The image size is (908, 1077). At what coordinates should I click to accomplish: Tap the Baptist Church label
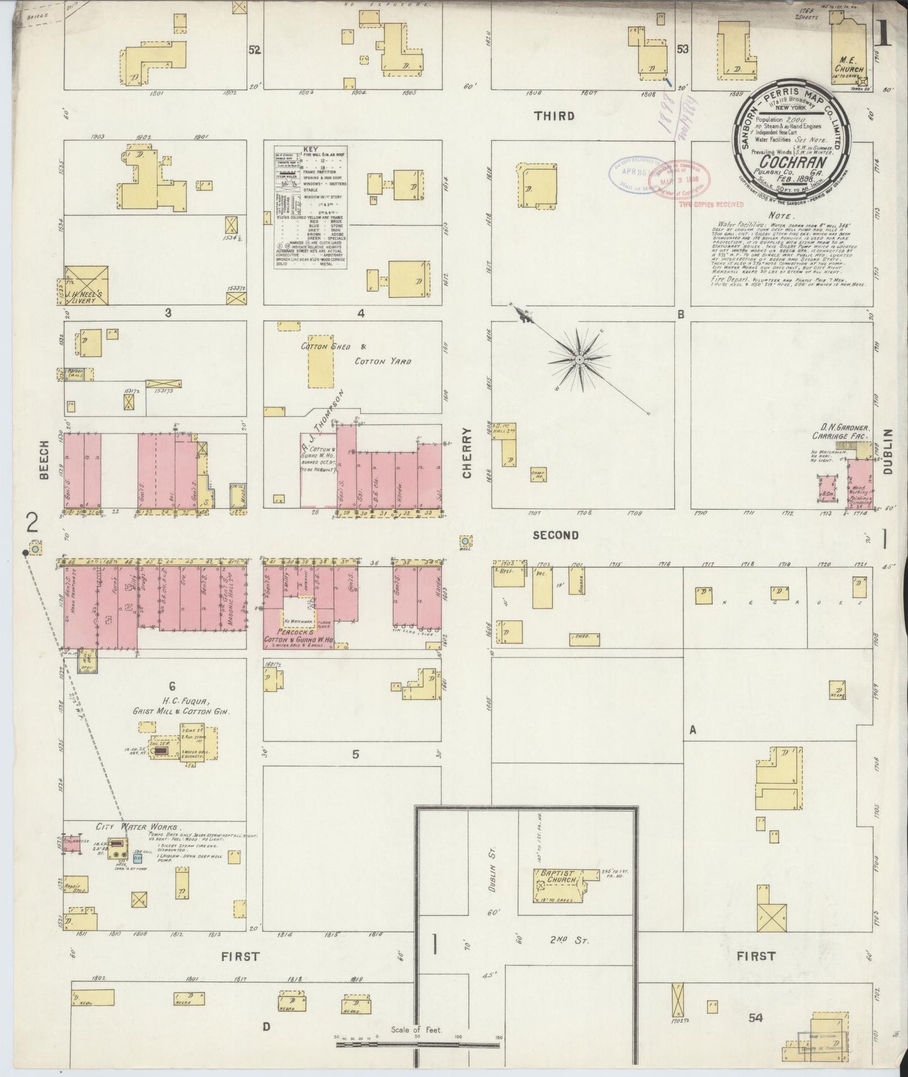click(x=555, y=877)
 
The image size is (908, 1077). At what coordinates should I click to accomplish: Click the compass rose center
click(x=579, y=359)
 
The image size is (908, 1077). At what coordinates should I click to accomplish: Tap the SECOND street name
click(x=555, y=535)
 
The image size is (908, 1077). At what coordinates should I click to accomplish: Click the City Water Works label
click(x=138, y=828)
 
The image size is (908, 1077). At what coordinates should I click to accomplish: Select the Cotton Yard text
click(x=383, y=361)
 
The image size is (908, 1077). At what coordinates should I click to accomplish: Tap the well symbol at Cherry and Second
click(x=465, y=540)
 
